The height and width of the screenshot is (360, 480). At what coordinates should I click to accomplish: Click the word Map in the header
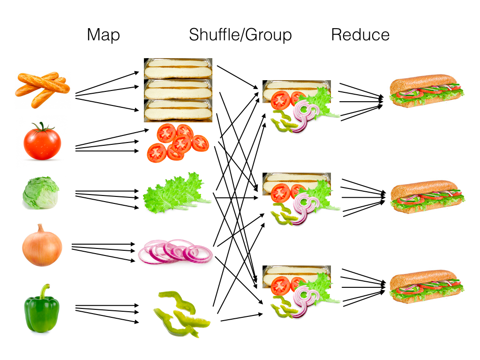pyautogui.click(x=103, y=35)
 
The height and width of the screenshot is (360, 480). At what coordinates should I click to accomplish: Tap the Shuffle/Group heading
pyautogui.click(x=240, y=35)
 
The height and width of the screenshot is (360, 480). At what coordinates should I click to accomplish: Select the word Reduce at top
pyautogui.click(x=360, y=35)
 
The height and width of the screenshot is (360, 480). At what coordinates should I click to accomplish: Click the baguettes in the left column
pyautogui.click(x=42, y=89)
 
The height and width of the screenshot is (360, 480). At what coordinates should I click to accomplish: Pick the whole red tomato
pyautogui.click(x=42, y=142)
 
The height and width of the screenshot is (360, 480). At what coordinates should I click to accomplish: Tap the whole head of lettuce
pyautogui.click(x=41, y=193)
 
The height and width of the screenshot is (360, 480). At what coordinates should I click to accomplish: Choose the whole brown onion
pyautogui.click(x=42, y=246)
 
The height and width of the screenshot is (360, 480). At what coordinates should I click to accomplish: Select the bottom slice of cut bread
pyautogui.click(x=178, y=111)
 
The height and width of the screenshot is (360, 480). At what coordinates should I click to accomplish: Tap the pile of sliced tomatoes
pyautogui.click(x=177, y=142)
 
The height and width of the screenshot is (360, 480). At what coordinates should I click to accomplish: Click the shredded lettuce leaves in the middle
pyautogui.click(x=176, y=194)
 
